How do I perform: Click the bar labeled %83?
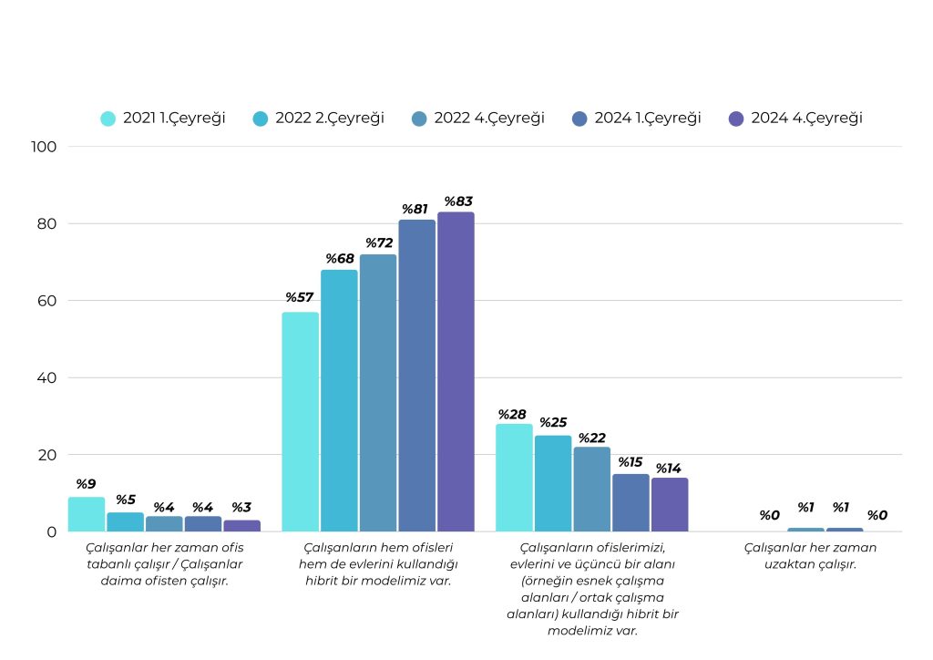point(456,372)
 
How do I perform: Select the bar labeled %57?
point(300,421)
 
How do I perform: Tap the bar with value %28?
point(514,477)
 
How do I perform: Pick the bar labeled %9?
point(86,514)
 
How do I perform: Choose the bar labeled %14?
point(670,504)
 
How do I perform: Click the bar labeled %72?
point(377,393)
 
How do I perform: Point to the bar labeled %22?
point(592,489)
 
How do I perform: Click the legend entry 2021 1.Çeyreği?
point(163,119)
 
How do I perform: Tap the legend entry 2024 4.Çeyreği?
point(795,119)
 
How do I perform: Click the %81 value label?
point(416,209)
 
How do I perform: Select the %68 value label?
point(339,259)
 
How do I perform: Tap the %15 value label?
point(631,462)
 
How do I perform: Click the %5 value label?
point(125,500)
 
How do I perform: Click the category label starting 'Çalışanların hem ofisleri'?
point(378,564)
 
